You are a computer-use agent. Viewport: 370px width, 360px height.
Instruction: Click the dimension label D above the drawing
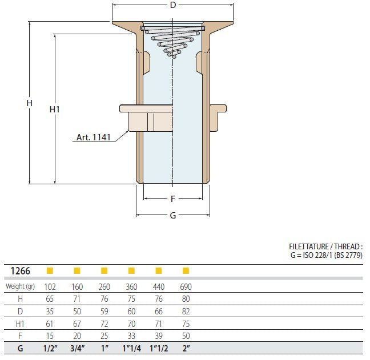click(x=173, y=5)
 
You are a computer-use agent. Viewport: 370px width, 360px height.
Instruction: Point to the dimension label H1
click(x=54, y=110)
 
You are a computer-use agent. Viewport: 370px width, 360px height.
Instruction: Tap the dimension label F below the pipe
click(x=173, y=199)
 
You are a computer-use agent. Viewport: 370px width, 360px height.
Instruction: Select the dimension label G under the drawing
click(x=173, y=215)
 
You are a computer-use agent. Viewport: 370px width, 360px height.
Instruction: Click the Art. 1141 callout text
click(x=94, y=137)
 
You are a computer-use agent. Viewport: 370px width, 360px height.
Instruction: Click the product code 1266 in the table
click(x=21, y=271)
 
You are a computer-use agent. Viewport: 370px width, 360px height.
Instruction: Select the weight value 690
click(x=186, y=287)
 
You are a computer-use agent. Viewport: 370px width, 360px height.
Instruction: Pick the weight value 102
click(x=50, y=287)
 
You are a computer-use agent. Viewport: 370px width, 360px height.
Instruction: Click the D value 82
click(x=186, y=312)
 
